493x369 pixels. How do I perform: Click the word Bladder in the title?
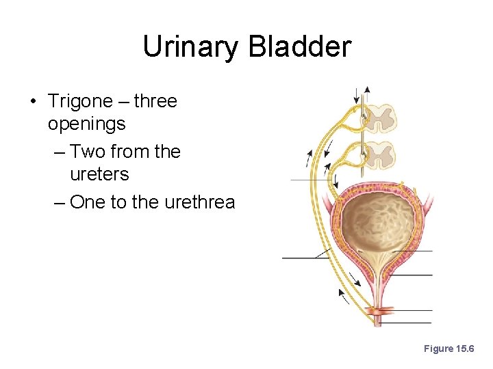[300, 47]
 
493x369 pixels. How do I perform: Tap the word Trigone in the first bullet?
[80, 102]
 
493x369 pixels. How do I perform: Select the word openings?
[87, 124]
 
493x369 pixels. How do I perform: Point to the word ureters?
[99, 174]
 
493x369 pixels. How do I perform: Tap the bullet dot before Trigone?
[33, 102]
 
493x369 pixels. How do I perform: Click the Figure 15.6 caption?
[448, 348]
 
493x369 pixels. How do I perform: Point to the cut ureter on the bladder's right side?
[427, 202]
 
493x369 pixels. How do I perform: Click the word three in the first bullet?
[155, 102]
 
